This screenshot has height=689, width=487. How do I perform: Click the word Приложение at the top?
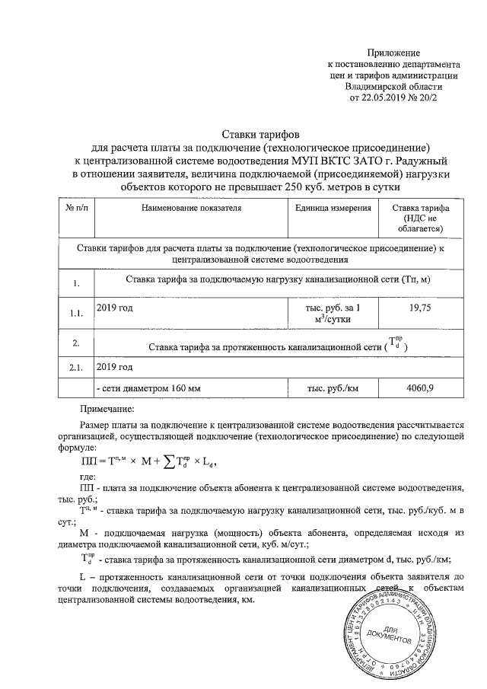point(393,53)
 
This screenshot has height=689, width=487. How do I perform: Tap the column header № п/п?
point(76,208)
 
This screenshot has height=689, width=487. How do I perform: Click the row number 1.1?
point(76,313)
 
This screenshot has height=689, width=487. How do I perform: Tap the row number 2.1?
point(76,368)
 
